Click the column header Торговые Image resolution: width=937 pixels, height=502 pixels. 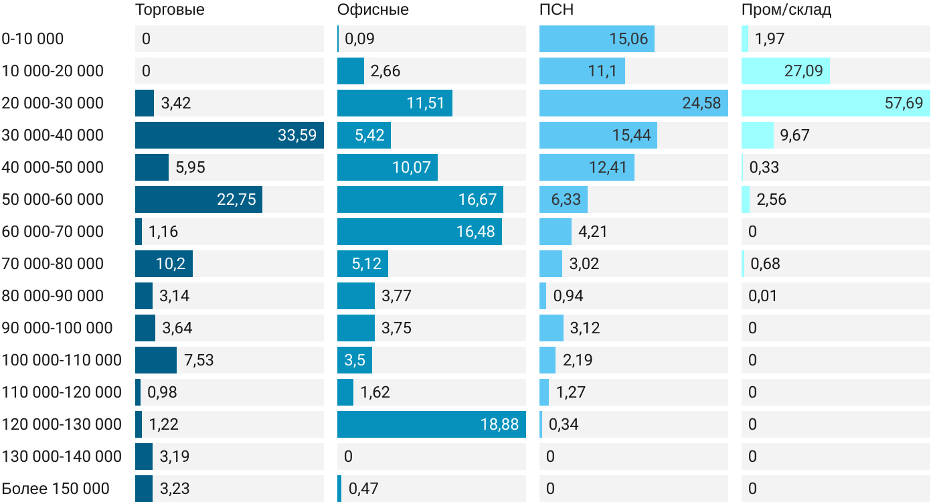pyautogui.click(x=169, y=9)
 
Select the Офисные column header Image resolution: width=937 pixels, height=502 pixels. pyautogui.click(x=373, y=9)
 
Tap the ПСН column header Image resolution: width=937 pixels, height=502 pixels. pyautogui.click(x=556, y=9)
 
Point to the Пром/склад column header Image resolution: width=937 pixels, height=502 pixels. pyautogui.click(x=786, y=9)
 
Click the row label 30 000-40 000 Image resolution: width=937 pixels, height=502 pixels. pyautogui.click(x=53, y=135)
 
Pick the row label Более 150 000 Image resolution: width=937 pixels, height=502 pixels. pyautogui.click(x=56, y=489)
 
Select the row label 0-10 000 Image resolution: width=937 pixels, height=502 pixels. pyautogui.click(x=33, y=39)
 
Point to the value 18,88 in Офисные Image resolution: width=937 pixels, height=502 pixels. pyautogui.click(x=499, y=424)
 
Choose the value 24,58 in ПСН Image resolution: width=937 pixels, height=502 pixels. pyautogui.click(x=702, y=103)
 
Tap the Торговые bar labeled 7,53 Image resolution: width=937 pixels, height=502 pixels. pyautogui.click(x=155, y=360)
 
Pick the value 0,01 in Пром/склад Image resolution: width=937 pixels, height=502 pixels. pyautogui.click(x=763, y=296)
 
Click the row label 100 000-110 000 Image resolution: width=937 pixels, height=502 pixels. pyautogui.click(x=62, y=360)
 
